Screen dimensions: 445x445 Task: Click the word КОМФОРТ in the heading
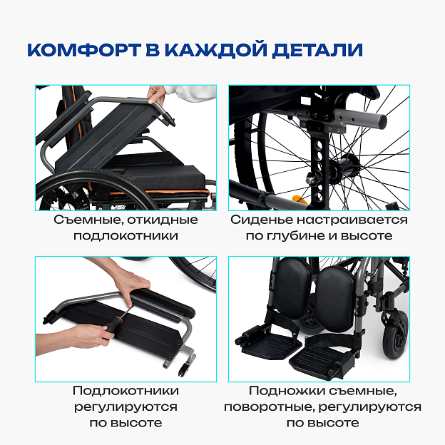(84, 50)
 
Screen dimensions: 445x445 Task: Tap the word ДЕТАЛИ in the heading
(317, 51)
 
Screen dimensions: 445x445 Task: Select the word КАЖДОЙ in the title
(216, 50)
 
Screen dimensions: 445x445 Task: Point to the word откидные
(163, 220)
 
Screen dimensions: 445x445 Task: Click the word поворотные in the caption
(270, 407)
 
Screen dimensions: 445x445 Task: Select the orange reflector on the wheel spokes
(300, 199)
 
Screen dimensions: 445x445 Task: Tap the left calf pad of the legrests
(293, 287)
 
